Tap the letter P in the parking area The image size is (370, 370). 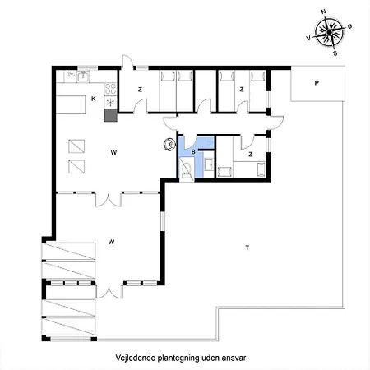[x=316, y=83]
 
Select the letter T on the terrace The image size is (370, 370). [x=246, y=247]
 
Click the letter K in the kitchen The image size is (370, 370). [x=94, y=99]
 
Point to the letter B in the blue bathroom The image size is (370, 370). [x=192, y=152]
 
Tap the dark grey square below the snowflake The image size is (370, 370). [x=110, y=116]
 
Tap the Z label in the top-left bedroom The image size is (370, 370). [x=140, y=89]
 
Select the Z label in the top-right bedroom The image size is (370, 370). [x=242, y=89]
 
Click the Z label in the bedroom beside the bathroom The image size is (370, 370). [x=250, y=153]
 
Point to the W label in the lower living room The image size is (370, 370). [x=111, y=242]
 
